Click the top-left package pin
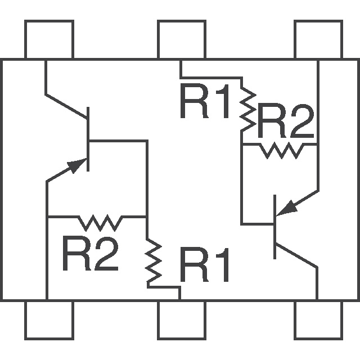pyautogui.click(x=49, y=39)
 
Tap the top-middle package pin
pyautogui.click(x=181, y=39)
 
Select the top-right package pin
pyautogui.click(x=318, y=39)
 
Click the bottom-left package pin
pyautogui.click(x=49, y=320)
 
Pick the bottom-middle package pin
pyautogui.click(x=181, y=320)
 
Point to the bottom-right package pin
pyautogui.click(x=318, y=320)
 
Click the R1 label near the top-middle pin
pyautogui.click(x=205, y=102)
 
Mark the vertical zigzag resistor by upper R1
pyautogui.click(x=247, y=107)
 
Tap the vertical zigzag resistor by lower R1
pyautogui.click(x=152, y=262)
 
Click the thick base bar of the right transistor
pyautogui.click(x=275, y=227)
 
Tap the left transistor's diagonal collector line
pyautogui.click(x=66, y=105)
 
